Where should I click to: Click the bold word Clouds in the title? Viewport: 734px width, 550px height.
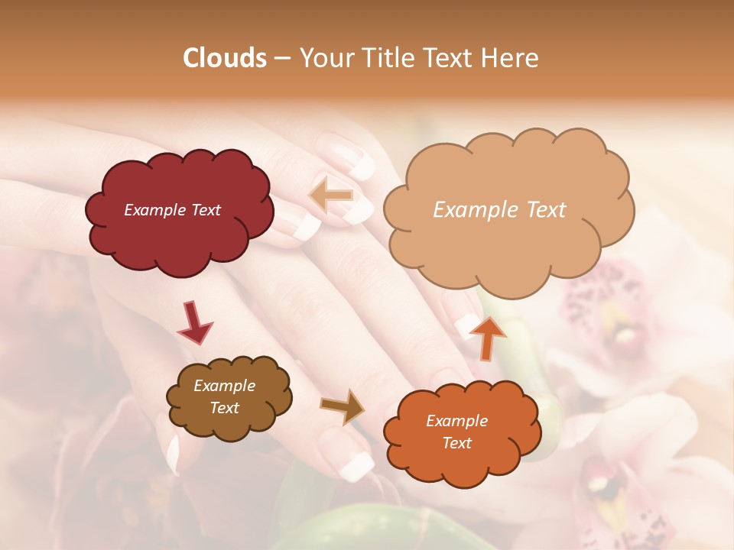click(225, 58)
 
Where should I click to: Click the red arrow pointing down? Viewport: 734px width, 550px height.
click(194, 322)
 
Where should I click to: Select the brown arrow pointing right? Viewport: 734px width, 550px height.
click(343, 406)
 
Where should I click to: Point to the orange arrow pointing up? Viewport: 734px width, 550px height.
click(488, 338)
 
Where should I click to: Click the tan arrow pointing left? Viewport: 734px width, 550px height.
click(332, 196)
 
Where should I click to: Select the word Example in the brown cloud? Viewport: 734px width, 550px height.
click(224, 386)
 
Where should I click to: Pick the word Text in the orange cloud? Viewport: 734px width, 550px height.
click(456, 443)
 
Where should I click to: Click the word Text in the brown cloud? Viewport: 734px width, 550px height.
click(224, 408)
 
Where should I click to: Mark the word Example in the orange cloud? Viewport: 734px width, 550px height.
click(456, 421)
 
